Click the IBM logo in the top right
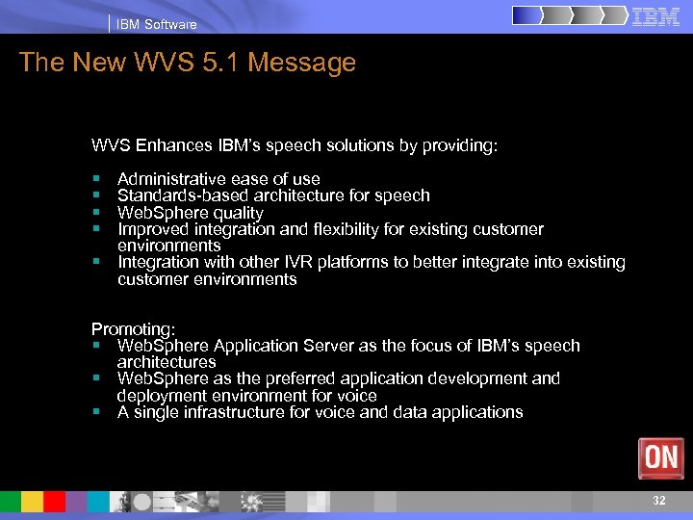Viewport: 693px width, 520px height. tap(656, 16)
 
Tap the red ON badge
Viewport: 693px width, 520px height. tap(661, 458)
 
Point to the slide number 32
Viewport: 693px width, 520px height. tap(659, 501)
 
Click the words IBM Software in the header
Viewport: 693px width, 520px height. tap(156, 24)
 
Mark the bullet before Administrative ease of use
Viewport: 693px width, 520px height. tap(97, 179)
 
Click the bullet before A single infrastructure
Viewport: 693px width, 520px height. tap(97, 412)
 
